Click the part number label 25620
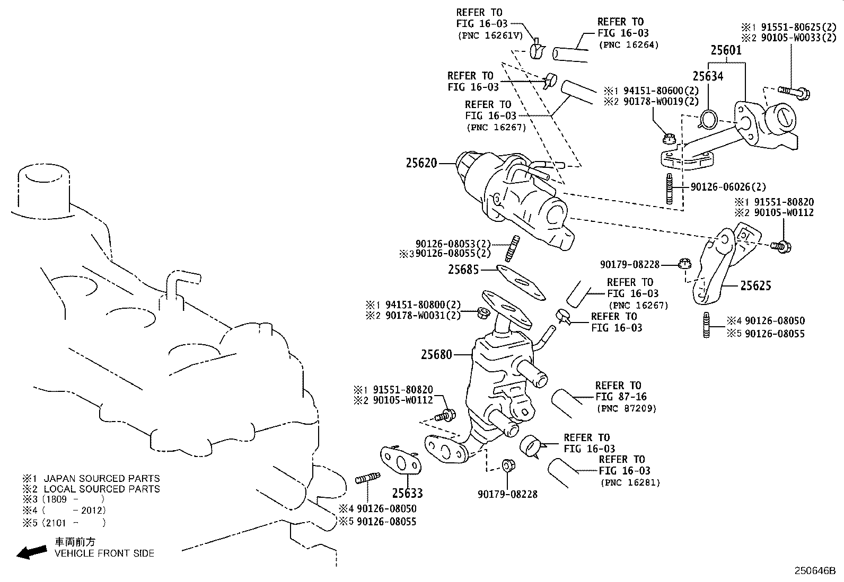(421, 163)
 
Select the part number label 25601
(726, 50)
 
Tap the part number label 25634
(708, 76)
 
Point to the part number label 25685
(463, 270)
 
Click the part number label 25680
(436, 354)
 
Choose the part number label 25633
(407, 494)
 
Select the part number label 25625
(755, 286)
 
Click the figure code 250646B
(814, 571)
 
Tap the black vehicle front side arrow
(31, 552)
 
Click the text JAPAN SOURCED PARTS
(101, 478)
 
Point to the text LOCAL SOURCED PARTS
(101, 489)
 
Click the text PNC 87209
(626, 408)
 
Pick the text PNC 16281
(630, 482)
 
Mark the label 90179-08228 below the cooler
(507, 494)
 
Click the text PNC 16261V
(490, 35)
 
